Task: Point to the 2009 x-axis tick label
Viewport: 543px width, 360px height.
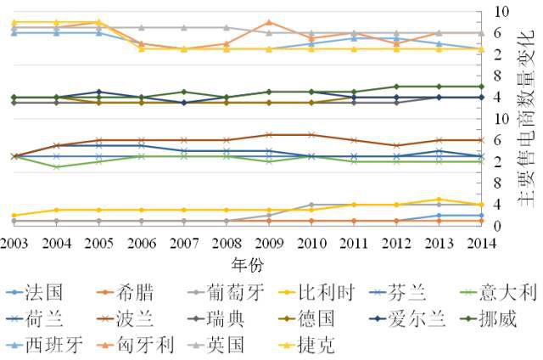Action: tap(268, 242)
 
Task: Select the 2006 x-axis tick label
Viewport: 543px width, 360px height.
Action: tap(141, 242)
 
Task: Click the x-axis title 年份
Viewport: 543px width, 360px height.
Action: tap(247, 262)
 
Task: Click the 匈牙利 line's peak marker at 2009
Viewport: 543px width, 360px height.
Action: tap(269, 22)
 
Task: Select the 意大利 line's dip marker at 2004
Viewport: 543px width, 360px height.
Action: tap(56, 166)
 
